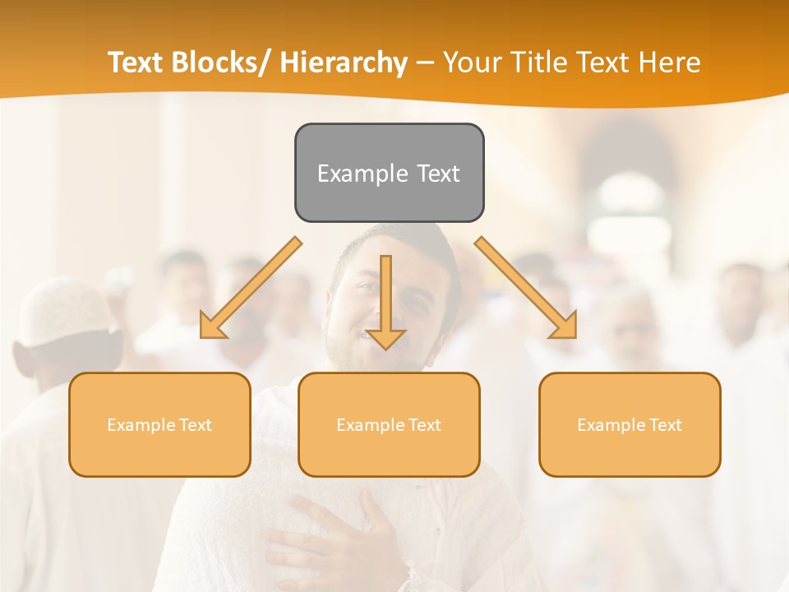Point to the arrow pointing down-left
click(x=250, y=288)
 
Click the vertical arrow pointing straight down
click(x=385, y=301)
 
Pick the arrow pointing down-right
click(x=526, y=288)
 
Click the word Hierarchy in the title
click(x=344, y=62)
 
